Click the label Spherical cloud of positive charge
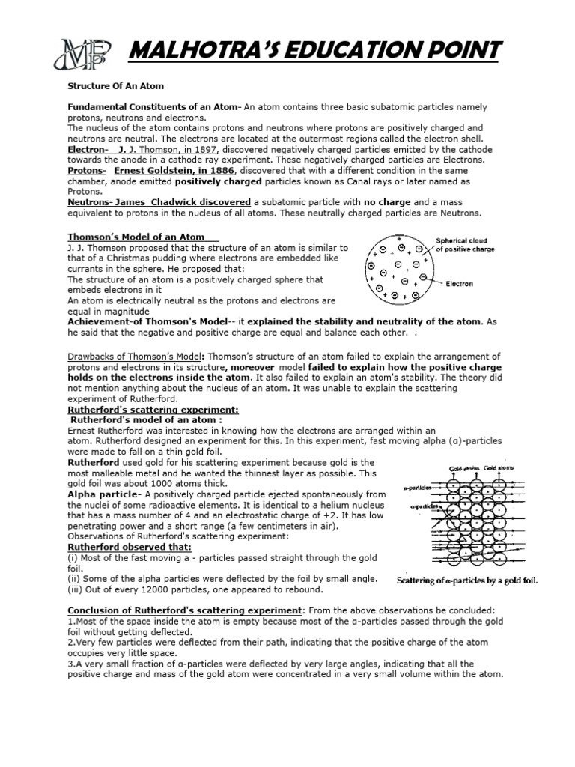[460, 245]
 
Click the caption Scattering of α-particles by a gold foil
[467, 580]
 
